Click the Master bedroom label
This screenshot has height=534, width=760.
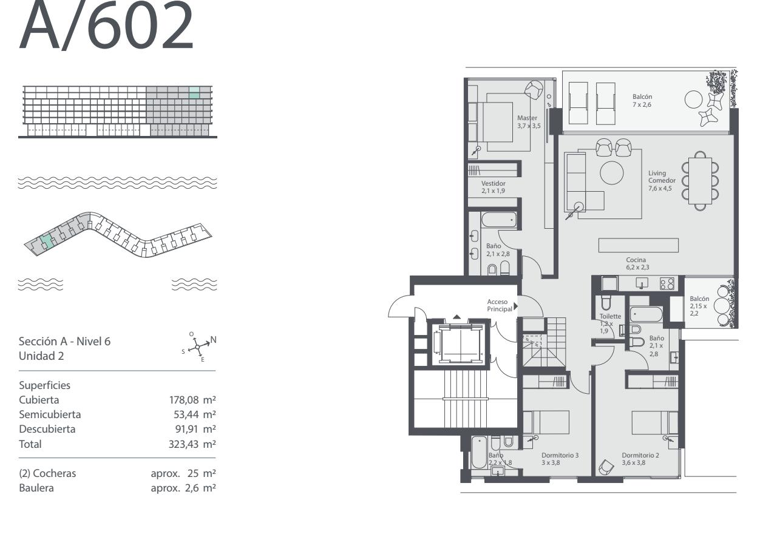pos(527,118)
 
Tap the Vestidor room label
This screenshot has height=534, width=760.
pos(494,183)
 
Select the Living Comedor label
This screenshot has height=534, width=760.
pos(662,177)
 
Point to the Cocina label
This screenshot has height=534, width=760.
pos(636,260)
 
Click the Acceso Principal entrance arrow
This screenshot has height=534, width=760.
pos(516,306)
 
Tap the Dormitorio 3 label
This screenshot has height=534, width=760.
pos(560,455)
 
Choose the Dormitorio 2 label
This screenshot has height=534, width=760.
pos(640,455)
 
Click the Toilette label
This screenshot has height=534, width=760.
pos(610,316)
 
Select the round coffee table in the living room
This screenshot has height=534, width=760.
pos(612,173)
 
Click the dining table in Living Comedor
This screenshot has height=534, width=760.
pos(700,181)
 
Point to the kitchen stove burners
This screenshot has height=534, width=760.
pos(667,284)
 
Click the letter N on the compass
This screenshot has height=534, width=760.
pos(214,340)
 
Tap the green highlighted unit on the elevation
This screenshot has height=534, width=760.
pos(194,93)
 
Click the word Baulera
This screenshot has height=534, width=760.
pos(36,488)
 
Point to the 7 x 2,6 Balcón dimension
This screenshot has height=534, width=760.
pos(642,105)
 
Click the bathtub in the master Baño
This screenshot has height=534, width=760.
pos(499,220)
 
